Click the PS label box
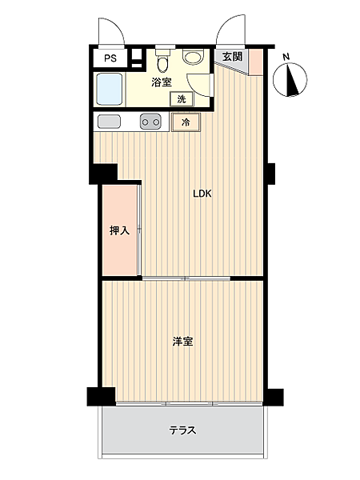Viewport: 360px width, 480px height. [110, 58]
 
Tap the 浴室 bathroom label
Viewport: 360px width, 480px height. [162, 82]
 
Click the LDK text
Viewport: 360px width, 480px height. [201, 192]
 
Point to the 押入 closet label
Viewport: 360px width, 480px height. [119, 231]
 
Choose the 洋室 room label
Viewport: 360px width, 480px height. [182, 342]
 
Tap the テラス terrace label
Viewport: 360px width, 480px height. [182, 430]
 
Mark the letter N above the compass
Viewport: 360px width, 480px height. [286, 57]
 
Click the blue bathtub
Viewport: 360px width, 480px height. [110, 90]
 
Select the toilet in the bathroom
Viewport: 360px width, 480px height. [162, 62]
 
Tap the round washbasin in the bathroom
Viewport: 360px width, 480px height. [192, 57]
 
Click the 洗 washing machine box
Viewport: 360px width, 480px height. [182, 99]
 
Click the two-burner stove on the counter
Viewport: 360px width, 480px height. [151, 122]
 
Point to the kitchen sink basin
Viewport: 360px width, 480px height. [109, 122]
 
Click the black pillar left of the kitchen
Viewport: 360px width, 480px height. [104, 173]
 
